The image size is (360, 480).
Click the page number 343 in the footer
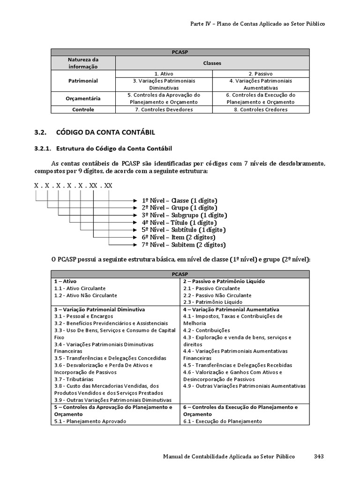tap(319, 457)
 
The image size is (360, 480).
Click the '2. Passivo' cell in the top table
tap(261, 74)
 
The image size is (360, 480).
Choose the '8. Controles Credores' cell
tap(261, 110)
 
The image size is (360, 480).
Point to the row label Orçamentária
tap(83, 98)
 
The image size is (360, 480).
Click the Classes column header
tap(212, 63)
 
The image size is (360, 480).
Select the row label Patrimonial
tap(83, 81)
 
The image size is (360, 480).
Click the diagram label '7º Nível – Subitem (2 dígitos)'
tap(183, 245)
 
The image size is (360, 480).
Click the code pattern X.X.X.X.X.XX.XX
tap(73, 186)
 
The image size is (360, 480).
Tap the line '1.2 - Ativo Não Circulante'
tap(85, 296)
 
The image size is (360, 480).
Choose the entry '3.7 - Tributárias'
tap(74, 379)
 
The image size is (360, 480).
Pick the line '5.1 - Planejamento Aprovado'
tap(90, 421)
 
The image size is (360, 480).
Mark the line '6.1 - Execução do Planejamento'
tap(222, 421)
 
